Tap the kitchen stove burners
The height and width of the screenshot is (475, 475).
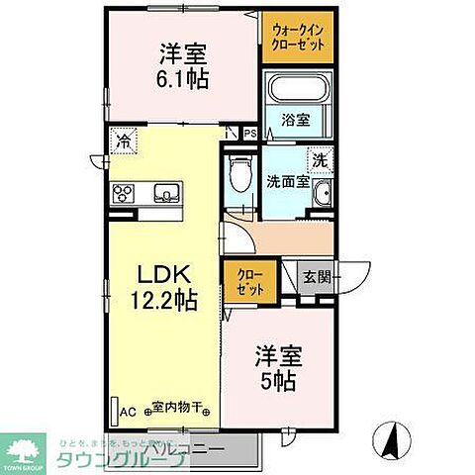(x=126, y=192)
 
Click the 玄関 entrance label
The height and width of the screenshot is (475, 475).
(x=315, y=276)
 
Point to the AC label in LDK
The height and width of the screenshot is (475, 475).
(x=128, y=409)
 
